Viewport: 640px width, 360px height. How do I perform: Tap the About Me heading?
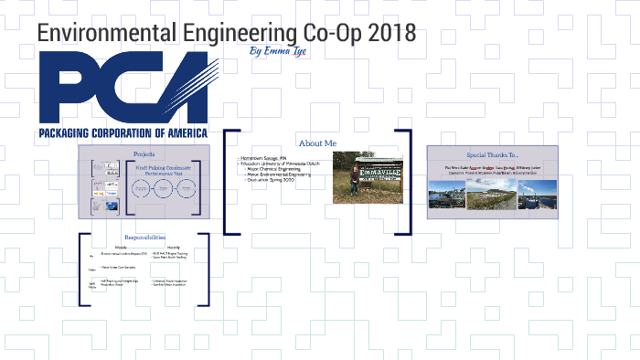pyautogui.click(x=317, y=143)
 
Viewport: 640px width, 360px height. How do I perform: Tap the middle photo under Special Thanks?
pyautogui.click(x=492, y=194)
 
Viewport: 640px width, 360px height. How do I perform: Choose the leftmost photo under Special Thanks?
pyautogui.click(x=448, y=194)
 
